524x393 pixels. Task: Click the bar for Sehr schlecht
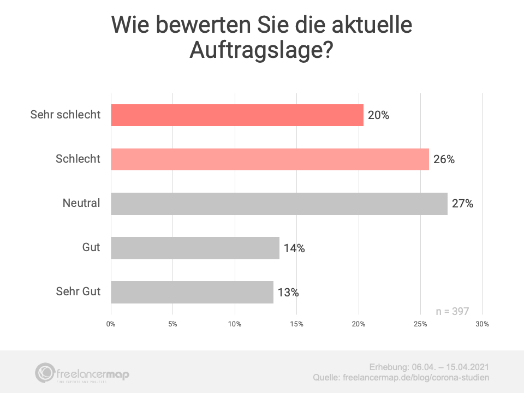(x=237, y=115)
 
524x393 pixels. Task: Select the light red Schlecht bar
(x=270, y=159)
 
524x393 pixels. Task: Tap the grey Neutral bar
(x=279, y=204)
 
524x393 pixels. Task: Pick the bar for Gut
(x=195, y=248)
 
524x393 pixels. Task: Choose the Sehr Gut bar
(x=192, y=292)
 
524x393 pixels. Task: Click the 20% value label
(x=378, y=115)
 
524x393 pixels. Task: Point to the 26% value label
(x=444, y=159)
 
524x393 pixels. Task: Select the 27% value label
(x=462, y=204)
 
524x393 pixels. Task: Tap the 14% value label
(x=294, y=248)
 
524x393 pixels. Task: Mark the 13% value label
(x=288, y=292)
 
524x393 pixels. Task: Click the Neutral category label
(x=81, y=204)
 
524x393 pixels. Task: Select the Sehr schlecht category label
(x=65, y=115)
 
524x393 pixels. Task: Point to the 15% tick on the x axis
(x=296, y=324)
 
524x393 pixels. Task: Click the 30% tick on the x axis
(x=482, y=324)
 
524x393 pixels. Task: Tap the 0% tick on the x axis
(x=111, y=324)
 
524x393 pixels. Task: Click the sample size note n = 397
(x=452, y=311)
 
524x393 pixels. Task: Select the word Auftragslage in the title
(x=254, y=50)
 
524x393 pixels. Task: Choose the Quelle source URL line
(x=401, y=378)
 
